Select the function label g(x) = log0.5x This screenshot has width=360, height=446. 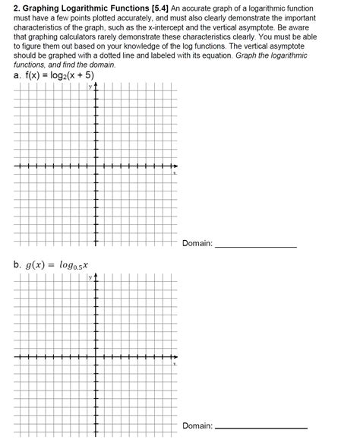coord(57,266)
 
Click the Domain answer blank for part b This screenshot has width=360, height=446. coord(262,426)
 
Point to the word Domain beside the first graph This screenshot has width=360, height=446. coord(197,244)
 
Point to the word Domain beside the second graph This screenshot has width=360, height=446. coord(197,426)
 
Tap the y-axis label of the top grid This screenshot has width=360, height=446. coord(89,87)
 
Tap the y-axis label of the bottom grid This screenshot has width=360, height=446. coord(89,278)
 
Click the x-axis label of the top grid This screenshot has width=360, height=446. coord(174,173)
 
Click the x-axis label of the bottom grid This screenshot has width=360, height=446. coord(174,364)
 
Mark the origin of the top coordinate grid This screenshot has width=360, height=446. coord(96,167)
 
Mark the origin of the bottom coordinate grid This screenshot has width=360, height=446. coord(96,358)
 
